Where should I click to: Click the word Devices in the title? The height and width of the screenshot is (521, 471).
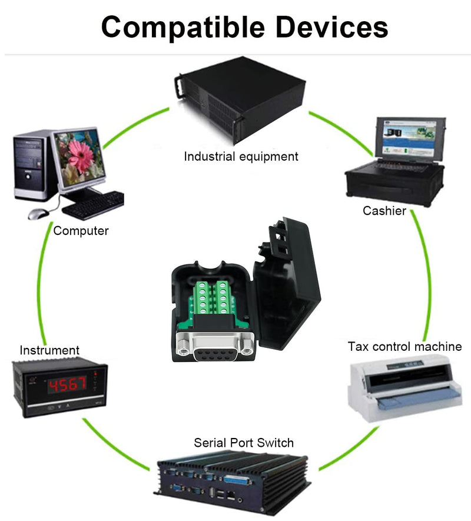pyautogui.click(x=331, y=26)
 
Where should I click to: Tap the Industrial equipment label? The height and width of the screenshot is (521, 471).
pyautogui.click(x=241, y=157)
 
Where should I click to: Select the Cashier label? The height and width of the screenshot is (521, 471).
pyautogui.click(x=384, y=211)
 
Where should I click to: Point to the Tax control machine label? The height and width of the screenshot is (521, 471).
pyautogui.click(x=404, y=347)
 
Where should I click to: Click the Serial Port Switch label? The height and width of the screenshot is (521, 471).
pyautogui.click(x=244, y=443)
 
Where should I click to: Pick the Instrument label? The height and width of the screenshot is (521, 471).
pyautogui.click(x=49, y=350)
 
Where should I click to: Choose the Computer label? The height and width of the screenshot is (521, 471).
pyautogui.click(x=81, y=231)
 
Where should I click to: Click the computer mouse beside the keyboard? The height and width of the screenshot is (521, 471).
pyautogui.click(x=38, y=213)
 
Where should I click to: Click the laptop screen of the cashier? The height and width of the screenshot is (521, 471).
pyautogui.click(x=410, y=138)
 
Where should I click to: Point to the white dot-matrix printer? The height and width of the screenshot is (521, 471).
pyautogui.click(x=404, y=387)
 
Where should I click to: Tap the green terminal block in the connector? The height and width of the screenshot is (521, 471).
pyautogui.click(x=213, y=297)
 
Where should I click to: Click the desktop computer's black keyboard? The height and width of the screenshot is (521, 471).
pyautogui.click(x=94, y=205)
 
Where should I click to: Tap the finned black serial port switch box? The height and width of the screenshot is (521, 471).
pyautogui.click(x=233, y=482)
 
